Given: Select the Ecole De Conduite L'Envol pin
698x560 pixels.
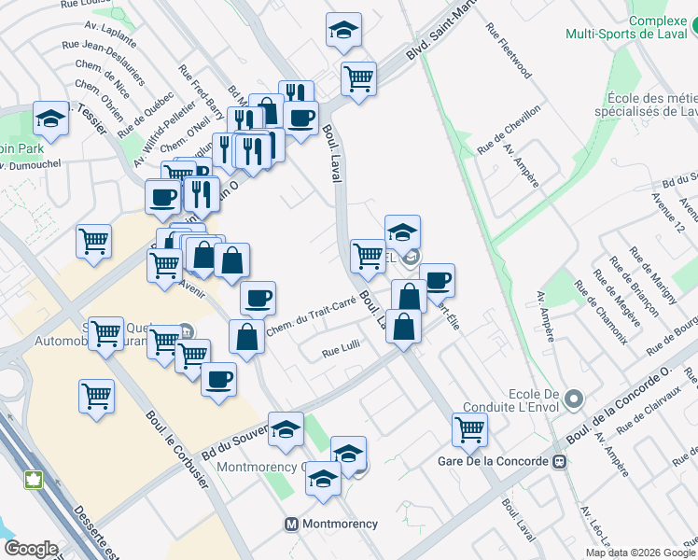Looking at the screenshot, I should pyautogui.click(x=574, y=399).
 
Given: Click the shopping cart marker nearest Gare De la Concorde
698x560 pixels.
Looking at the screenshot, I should pyautogui.click(x=468, y=428).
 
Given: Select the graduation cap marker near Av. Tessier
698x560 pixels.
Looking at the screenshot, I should pyautogui.click(x=50, y=118).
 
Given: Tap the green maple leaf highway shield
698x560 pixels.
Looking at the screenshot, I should pyautogui.click(x=35, y=480).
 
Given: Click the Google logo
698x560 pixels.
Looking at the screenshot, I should pyautogui.click(x=31, y=549).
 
